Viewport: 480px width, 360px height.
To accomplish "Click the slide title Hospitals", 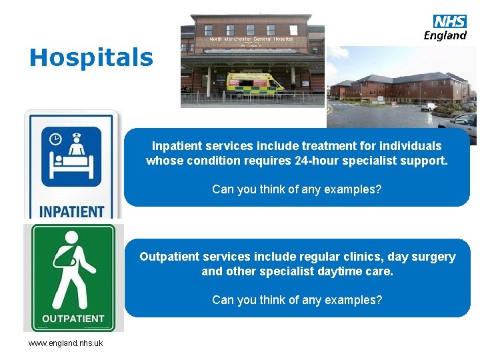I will pyautogui.click(x=91, y=57).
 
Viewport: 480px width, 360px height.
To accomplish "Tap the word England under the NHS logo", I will pyautogui.click(x=445, y=35).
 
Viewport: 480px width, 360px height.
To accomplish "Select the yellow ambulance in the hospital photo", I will pyautogui.click(x=254, y=83).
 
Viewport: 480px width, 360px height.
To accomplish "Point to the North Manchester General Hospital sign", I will pyautogui.click(x=251, y=40).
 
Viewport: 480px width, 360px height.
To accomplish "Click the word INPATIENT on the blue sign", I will pyautogui.click(x=71, y=212).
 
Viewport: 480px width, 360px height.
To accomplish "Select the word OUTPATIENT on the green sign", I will pyautogui.click(x=73, y=319).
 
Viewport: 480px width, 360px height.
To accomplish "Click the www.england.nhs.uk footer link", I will pyautogui.click(x=65, y=343).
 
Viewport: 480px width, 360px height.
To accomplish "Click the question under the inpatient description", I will pyautogui.click(x=297, y=189).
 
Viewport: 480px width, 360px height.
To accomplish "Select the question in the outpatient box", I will pyautogui.click(x=297, y=300).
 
